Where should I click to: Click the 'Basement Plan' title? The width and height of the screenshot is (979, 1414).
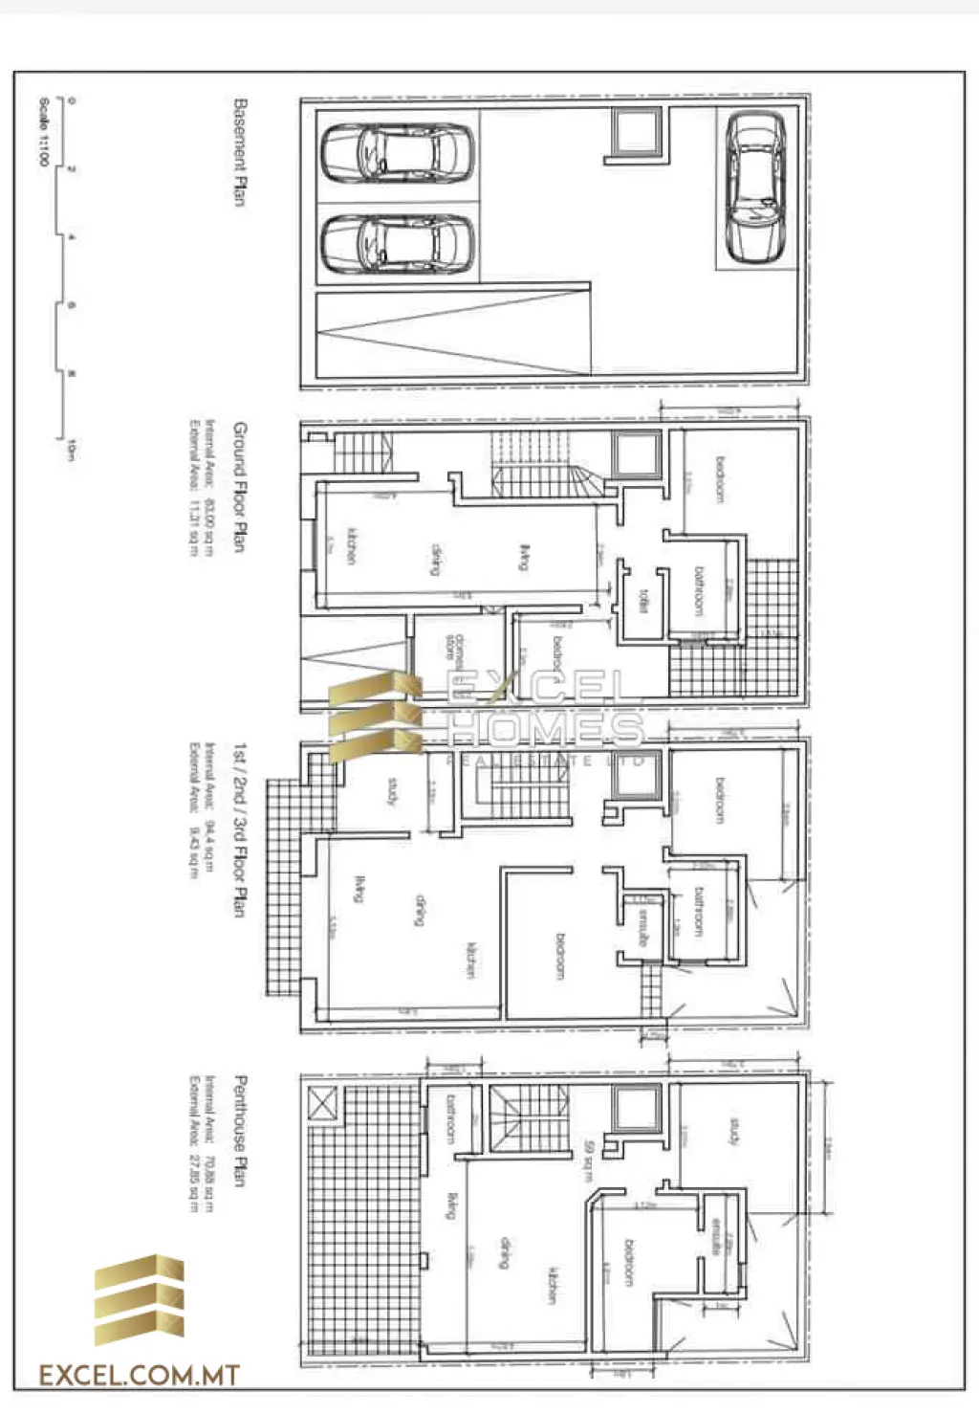240,151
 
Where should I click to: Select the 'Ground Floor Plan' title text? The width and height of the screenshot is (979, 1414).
240,487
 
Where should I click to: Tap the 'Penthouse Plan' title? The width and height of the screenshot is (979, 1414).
240,1131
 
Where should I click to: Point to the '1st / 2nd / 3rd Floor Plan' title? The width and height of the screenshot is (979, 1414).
240,829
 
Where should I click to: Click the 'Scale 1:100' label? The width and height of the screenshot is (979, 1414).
44,131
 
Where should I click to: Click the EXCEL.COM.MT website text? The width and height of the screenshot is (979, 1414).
139,1377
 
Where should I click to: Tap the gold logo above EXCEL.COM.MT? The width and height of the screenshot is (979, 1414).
139,1300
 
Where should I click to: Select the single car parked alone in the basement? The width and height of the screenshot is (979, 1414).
755,188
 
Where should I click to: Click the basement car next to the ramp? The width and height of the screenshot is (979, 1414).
397,244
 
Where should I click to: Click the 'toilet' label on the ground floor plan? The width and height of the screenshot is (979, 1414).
644,600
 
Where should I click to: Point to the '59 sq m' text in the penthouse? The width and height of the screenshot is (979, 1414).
590,1159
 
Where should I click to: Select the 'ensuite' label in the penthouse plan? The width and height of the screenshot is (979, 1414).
716,1236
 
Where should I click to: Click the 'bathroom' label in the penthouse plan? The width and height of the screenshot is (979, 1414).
451,1119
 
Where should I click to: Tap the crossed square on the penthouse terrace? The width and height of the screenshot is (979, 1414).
323,1104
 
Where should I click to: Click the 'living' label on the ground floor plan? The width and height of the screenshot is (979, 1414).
524,558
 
